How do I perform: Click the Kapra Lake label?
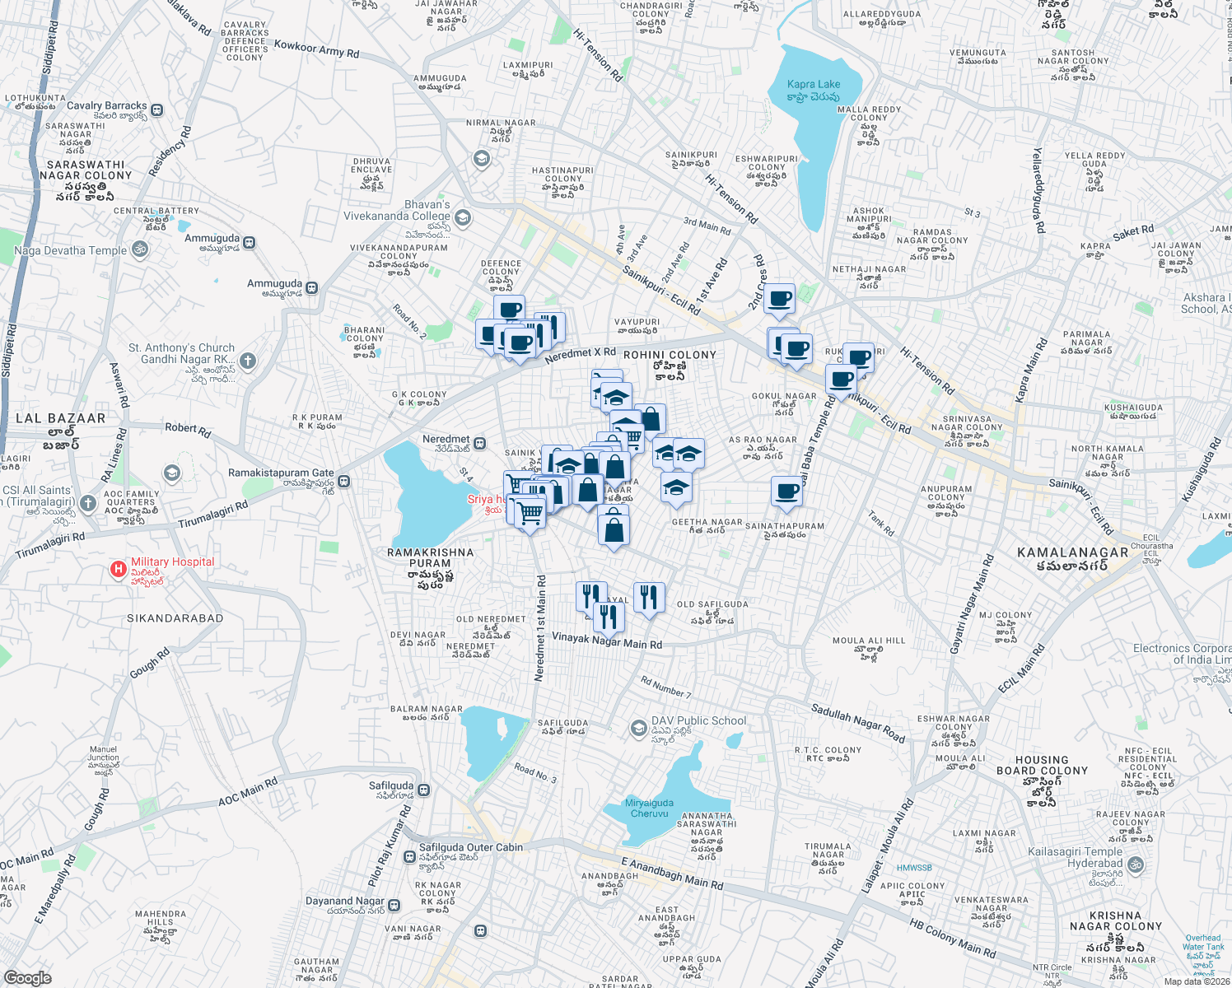click(814, 84)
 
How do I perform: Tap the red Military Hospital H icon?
click(119, 569)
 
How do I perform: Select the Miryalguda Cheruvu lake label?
click(650, 808)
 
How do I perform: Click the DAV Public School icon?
click(638, 728)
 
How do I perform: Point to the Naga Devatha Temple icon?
click(140, 249)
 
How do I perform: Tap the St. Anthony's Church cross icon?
click(248, 361)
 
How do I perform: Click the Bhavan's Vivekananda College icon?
click(463, 217)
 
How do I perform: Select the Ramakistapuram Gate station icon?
click(344, 481)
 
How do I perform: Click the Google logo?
click(27, 977)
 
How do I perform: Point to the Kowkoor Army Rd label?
click(316, 49)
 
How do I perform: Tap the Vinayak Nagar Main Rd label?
click(607, 640)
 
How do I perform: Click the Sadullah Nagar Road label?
click(857, 723)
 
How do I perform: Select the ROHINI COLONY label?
click(670, 355)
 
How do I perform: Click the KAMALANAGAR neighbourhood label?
click(1072, 552)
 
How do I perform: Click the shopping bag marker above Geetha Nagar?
click(614, 526)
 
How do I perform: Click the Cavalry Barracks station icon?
click(156, 110)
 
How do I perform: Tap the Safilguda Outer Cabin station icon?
click(409, 856)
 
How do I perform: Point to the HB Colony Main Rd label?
click(952, 938)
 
